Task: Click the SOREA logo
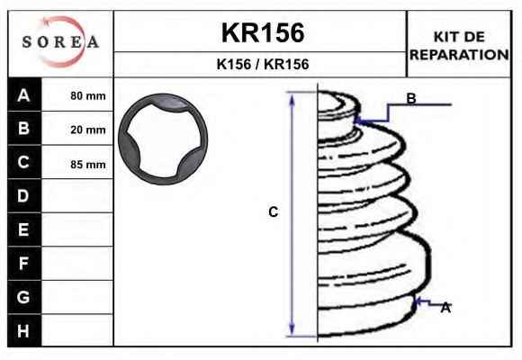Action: pyautogui.click(x=60, y=41)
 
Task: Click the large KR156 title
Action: pyautogui.click(x=263, y=32)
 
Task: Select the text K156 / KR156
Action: pyautogui.click(x=263, y=64)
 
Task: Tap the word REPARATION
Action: pyautogui.click(x=459, y=55)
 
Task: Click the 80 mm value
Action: pyautogui.click(x=88, y=96)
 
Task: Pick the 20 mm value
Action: pyautogui.click(x=88, y=130)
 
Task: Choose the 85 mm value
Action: pyautogui.click(x=88, y=164)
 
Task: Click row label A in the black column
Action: pyautogui.click(x=23, y=95)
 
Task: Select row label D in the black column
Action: pyautogui.click(x=23, y=196)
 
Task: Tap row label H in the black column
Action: pyautogui.click(x=23, y=331)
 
